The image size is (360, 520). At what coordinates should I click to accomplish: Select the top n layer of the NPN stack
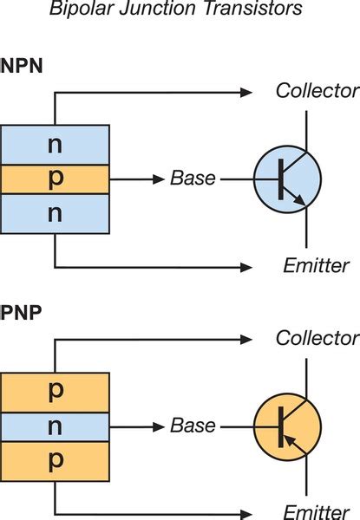tap(56, 144)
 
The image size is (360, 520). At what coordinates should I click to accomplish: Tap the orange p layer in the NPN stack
tap(56, 179)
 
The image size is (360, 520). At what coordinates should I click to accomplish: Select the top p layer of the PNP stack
tap(56, 392)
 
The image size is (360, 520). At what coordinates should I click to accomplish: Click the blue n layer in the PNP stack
tap(56, 426)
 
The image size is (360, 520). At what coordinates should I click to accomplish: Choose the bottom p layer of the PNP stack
tap(56, 461)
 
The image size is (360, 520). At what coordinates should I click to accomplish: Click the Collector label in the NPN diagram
tap(316, 91)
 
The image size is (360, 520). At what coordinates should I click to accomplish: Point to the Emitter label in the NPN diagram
tap(316, 265)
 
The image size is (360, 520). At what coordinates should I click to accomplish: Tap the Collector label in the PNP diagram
tap(316, 338)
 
